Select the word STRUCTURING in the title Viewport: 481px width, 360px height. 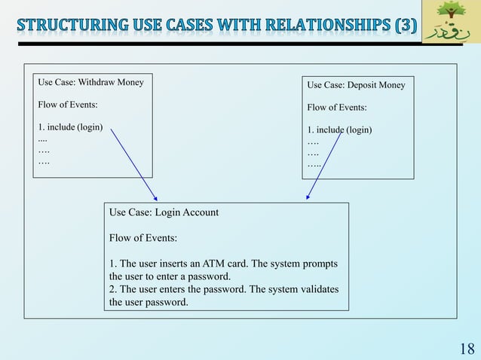point(67,24)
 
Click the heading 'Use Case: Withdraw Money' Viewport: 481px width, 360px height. point(90,81)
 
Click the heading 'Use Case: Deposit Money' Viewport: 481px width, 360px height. point(356,85)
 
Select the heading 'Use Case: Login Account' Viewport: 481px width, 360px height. point(164,212)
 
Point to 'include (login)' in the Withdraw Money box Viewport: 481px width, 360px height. point(74,127)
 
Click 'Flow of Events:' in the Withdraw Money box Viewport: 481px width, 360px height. point(67,104)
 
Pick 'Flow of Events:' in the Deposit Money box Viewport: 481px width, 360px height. point(337,108)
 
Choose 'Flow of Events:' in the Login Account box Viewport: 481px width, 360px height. point(143,238)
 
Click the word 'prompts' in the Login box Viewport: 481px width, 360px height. point(319,264)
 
